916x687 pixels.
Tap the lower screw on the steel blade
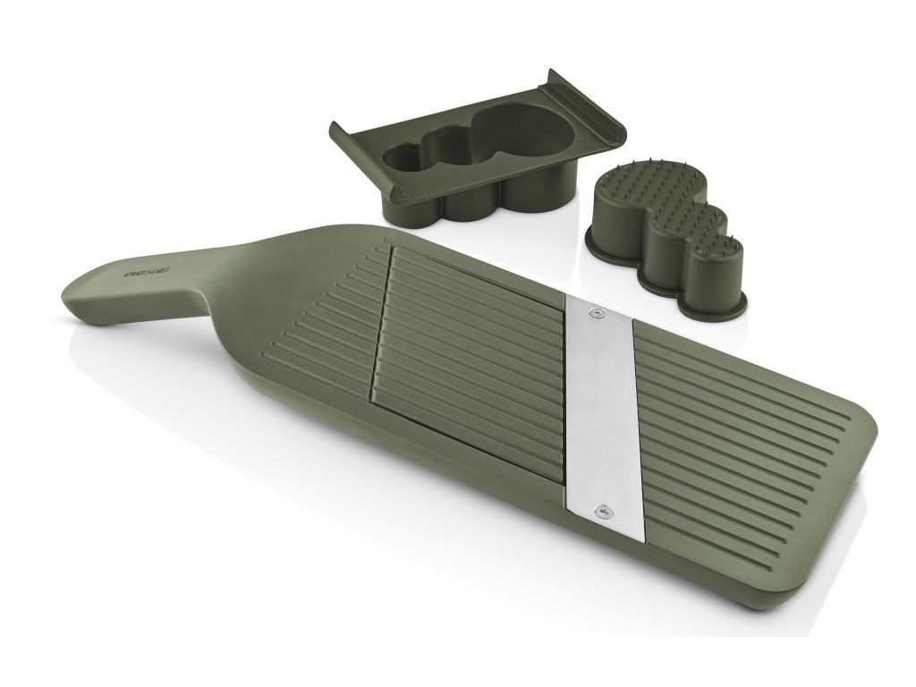click(605, 511)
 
